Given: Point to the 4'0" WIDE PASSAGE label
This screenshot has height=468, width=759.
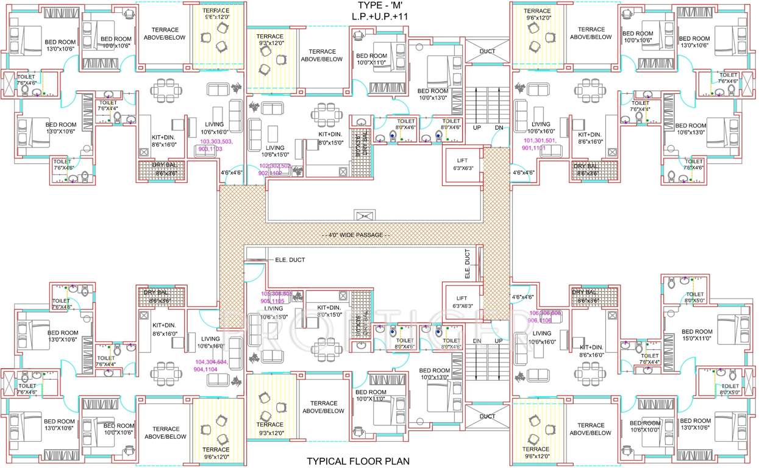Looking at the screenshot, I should click(x=356, y=235).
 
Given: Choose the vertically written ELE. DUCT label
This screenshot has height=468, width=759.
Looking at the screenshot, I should click(x=468, y=264).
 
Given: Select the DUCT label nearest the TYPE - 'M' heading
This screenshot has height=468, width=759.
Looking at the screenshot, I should click(x=488, y=51).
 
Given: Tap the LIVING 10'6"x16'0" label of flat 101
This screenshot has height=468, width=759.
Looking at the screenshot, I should click(x=541, y=127).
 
